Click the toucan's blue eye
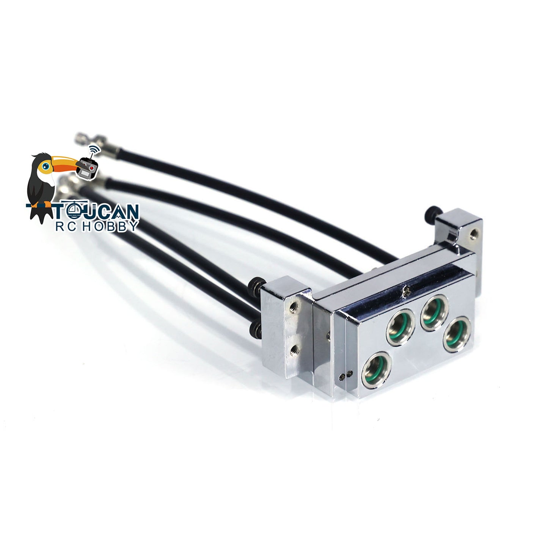click(x=46, y=166)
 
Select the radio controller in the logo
click(x=88, y=169)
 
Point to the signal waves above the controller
click(x=95, y=151)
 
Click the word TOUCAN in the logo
click(x=96, y=211)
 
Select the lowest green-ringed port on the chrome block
click(x=377, y=369)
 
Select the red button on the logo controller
click(x=92, y=167)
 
